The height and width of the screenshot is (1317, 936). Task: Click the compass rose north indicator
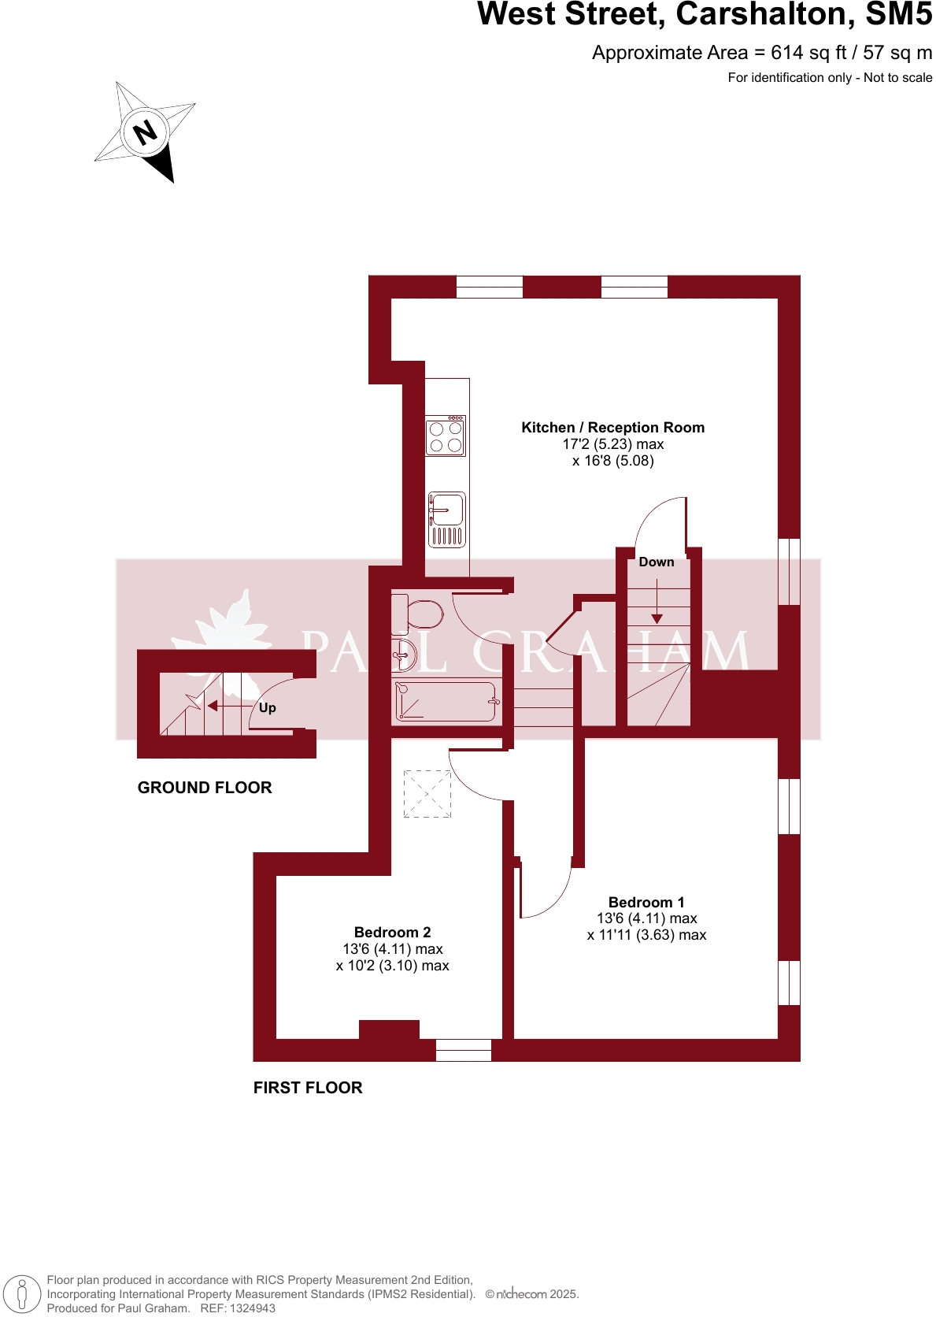point(145,132)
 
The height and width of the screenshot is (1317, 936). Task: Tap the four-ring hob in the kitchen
point(446,436)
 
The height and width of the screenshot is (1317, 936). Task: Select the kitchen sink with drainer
point(446,519)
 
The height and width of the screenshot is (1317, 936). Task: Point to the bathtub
point(446,701)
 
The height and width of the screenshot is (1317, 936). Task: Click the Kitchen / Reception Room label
point(612,428)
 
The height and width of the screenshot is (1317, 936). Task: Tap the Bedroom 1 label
point(646,903)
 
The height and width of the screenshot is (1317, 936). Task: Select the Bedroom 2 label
point(392,933)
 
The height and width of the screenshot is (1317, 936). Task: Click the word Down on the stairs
point(657,562)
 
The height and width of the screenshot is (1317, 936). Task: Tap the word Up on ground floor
point(268,708)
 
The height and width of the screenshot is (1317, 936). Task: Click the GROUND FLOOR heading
point(205,788)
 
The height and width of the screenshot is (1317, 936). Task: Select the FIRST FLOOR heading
point(308,1088)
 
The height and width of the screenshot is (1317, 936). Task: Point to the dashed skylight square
point(427,793)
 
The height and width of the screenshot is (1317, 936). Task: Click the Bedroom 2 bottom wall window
point(464,1050)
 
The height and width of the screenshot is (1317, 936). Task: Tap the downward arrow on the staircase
point(657,618)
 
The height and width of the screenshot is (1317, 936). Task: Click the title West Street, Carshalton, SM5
point(705,15)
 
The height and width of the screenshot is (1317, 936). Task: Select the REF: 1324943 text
point(238,1308)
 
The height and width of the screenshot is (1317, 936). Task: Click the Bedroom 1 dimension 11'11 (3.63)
point(646,935)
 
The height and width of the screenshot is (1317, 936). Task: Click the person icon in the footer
point(22,1294)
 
